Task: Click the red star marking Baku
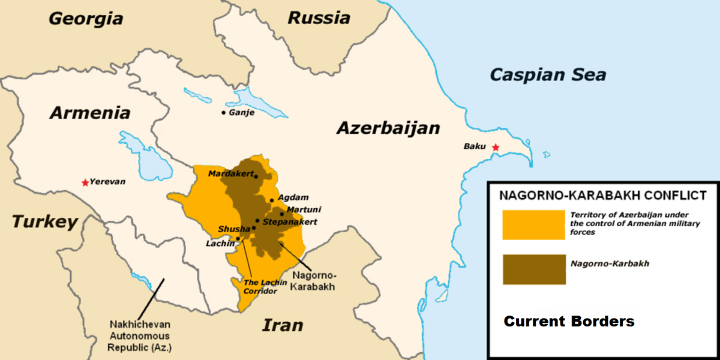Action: pyautogui.click(x=495, y=147)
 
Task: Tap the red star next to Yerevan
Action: pyautogui.click(x=86, y=182)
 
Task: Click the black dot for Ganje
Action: pyautogui.click(x=224, y=112)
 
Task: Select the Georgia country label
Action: pyautogui.click(x=86, y=18)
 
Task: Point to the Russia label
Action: pyautogui.click(x=319, y=17)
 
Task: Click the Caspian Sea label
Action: pyautogui.click(x=548, y=75)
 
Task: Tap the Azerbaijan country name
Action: pyautogui.click(x=388, y=128)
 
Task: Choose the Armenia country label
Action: pyautogui.click(x=90, y=113)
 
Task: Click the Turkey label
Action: pyautogui.click(x=45, y=222)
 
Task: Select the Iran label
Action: pyautogui.click(x=282, y=326)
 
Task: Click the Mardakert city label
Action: pyautogui.click(x=230, y=173)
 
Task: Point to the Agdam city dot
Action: pyautogui.click(x=272, y=200)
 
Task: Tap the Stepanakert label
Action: pyautogui.click(x=290, y=222)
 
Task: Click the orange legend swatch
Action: pyautogui.click(x=533, y=225)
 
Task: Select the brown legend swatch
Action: pyautogui.click(x=533, y=269)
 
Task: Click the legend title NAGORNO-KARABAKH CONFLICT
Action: pyautogui.click(x=603, y=195)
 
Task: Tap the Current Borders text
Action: pyautogui.click(x=569, y=321)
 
